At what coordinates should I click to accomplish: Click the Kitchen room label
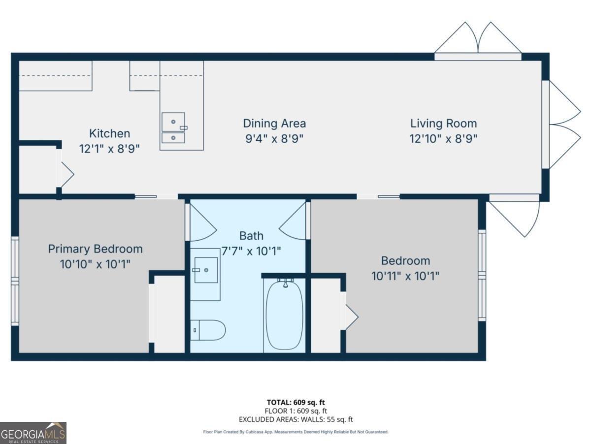pos(109,133)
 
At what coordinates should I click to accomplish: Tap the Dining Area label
pos(274,123)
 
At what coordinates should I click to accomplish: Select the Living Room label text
pos(443,123)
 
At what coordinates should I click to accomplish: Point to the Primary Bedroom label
pos(95,249)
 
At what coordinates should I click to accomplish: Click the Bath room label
pos(251,236)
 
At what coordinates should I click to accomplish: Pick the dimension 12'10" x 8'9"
pos(443,139)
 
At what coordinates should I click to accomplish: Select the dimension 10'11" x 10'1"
pos(405,276)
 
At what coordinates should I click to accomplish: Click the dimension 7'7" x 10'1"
pos(251,251)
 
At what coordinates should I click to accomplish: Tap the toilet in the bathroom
pos(208,330)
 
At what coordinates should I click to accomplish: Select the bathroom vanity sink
pos(206,270)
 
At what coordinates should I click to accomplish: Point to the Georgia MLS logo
pos(33,433)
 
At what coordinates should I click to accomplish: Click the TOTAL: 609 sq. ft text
pos(296,402)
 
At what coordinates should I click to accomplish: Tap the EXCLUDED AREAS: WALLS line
pos(296,419)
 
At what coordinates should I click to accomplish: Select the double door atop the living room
pos(478,39)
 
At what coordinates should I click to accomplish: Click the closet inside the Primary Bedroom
pos(169,314)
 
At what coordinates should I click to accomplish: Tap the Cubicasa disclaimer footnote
pos(296,432)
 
